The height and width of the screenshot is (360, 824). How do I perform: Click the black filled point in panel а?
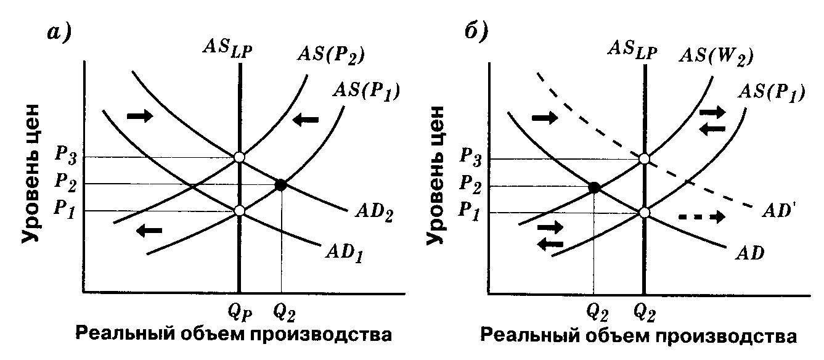click(280, 184)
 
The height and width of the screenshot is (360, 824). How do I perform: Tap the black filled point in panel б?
click(595, 187)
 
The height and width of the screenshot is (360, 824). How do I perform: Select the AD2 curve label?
click(374, 216)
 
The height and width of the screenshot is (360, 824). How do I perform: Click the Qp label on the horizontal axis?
click(239, 313)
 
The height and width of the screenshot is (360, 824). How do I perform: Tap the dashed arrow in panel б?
click(701, 217)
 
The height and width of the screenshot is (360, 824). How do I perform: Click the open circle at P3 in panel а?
click(239, 157)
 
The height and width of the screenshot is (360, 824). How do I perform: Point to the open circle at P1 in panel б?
click(644, 213)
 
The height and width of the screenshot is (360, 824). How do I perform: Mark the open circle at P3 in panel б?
click(644, 159)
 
